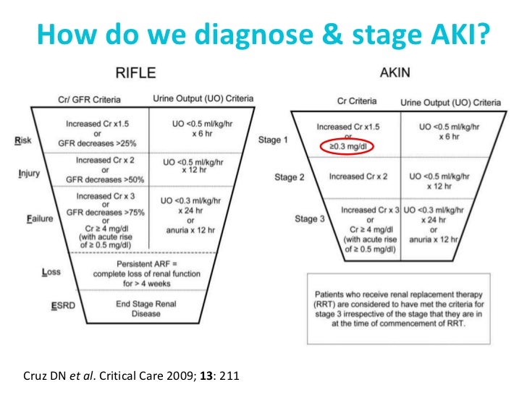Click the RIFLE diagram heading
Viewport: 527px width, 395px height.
pyautogui.click(x=138, y=73)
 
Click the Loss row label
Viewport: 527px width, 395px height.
pyautogui.click(x=51, y=273)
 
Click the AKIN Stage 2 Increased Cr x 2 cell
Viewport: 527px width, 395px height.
pyautogui.click(x=357, y=176)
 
